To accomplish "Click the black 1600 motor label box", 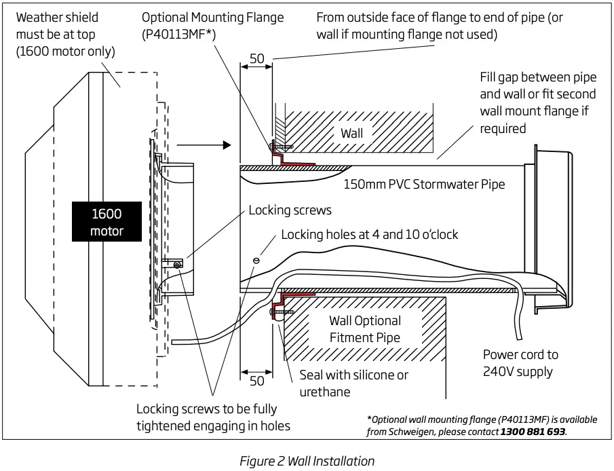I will point(107,223).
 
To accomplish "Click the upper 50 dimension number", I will point(256,59).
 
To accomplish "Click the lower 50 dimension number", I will point(256,381).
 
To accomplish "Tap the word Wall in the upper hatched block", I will point(351,133).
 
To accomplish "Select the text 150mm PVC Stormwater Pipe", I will point(424,184).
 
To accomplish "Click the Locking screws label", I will point(290,210).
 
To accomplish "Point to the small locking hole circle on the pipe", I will point(256,260).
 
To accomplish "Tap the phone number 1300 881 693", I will point(533,431).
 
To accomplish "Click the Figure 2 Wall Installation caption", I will point(307,461).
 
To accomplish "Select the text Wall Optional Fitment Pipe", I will point(365,328).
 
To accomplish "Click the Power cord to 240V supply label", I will point(520,362).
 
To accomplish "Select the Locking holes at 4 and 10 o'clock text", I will point(369,234).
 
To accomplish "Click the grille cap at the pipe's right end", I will point(553,231).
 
